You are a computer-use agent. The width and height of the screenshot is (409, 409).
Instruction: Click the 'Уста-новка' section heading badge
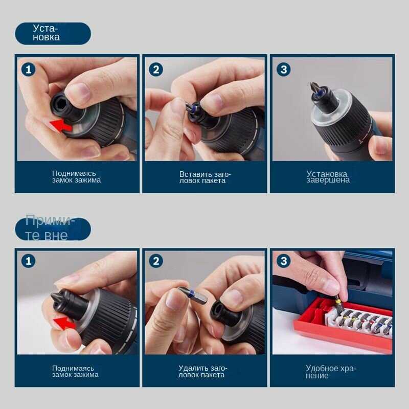tap(53, 33)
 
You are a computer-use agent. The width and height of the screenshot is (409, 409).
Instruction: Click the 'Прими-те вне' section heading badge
tap(53, 229)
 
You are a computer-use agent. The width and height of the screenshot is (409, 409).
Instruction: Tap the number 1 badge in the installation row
tap(28, 70)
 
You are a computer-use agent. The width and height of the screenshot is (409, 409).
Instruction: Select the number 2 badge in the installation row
tap(156, 70)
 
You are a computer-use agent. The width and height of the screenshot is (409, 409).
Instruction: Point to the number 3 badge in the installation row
tap(284, 70)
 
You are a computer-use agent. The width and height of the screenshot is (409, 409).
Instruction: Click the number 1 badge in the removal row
tap(28, 261)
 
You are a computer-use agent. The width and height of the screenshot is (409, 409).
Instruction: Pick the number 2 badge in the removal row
tap(156, 261)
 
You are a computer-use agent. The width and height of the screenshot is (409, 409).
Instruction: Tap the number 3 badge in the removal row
tap(284, 261)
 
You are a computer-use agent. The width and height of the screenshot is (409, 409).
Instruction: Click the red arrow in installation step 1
tap(61, 125)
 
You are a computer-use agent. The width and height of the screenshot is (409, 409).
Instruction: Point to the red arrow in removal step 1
tap(64, 323)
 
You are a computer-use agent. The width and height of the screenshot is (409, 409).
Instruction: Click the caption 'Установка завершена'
tap(328, 177)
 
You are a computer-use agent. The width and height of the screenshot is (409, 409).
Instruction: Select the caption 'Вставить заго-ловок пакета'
tap(205, 177)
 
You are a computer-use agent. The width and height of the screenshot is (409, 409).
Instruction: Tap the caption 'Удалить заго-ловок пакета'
tap(202, 371)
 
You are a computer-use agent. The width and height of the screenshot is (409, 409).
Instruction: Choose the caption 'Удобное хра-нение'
tap(331, 372)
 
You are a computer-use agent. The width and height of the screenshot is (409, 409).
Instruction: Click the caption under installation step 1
tap(76, 176)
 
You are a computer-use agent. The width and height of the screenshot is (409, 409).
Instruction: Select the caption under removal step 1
tap(75, 371)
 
